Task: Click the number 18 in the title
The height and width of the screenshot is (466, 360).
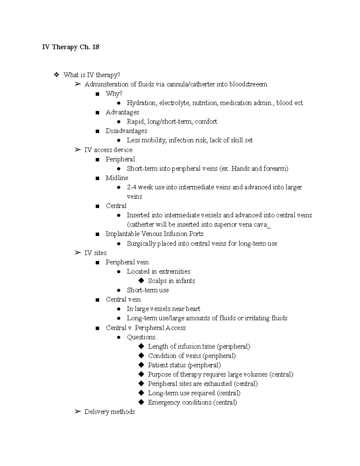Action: pyautogui.click(x=96, y=47)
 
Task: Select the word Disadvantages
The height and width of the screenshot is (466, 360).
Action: pyautogui.click(x=126, y=131)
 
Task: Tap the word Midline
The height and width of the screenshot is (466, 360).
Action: pyautogui.click(x=117, y=178)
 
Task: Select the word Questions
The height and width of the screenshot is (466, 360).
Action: pyautogui.click(x=141, y=337)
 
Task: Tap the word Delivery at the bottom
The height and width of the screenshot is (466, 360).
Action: pyautogui.click(x=97, y=412)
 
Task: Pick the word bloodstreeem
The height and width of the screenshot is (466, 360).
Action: pyautogui.click(x=248, y=84)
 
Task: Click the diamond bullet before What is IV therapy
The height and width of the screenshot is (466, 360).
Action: pyautogui.click(x=56, y=75)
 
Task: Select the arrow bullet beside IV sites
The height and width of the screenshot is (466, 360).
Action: pyautogui.click(x=78, y=253)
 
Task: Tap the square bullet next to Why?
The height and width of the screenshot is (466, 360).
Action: pyautogui.click(x=97, y=94)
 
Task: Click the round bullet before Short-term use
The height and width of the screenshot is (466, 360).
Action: pyautogui.click(x=119, y=290)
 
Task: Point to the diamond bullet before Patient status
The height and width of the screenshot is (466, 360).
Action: pyautogui.click(x=141, y=365)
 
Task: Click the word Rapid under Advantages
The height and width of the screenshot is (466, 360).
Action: pyautogui.click(x=135, y=122)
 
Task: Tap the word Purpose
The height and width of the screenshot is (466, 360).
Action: pyautogui.click(x=159, y=374)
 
